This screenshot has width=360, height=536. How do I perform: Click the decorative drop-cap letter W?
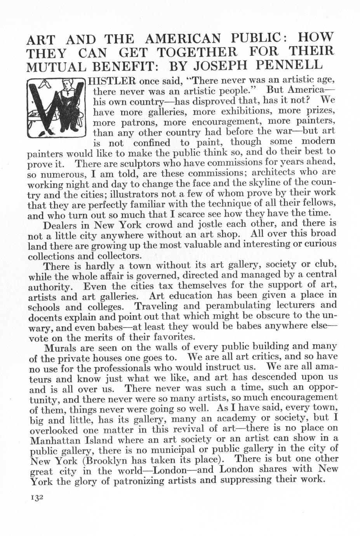pos(57,107)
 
